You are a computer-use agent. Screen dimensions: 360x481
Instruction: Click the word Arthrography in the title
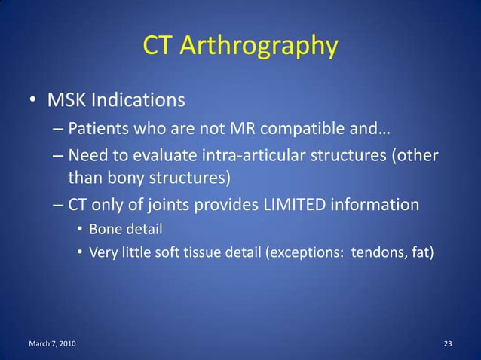tap(257, 47)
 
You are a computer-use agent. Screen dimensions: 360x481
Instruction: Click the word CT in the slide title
tap(157, 47)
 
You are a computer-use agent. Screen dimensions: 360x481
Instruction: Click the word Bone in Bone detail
tap(104, 227)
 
